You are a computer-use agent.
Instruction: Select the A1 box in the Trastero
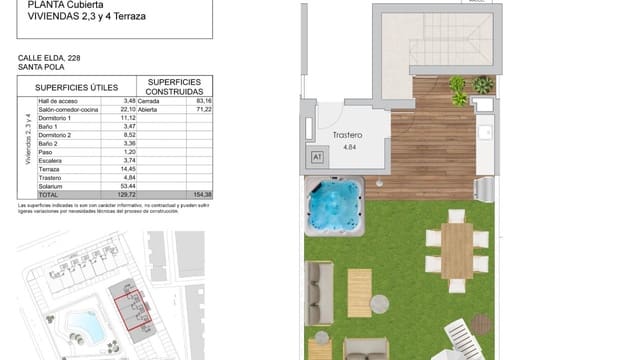[318, 157]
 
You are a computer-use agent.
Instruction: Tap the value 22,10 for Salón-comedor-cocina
[127, 109]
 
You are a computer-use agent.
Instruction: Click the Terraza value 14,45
[127, 169]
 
